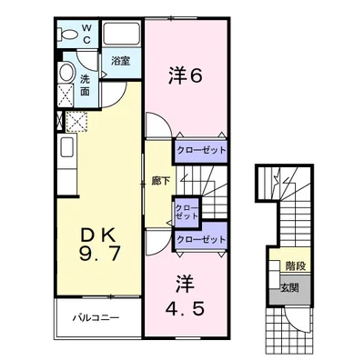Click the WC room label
click(x=86, y=34)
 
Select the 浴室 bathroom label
click(x=120, y=61)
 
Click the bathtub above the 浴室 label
click(x=121, y=33)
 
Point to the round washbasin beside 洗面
click(x=66, y=72)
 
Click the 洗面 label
click(x=86, y=85)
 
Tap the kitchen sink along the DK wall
click(x=67, y=146)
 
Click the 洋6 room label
click(x=185, y=75)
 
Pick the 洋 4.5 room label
click(x=185, y=295)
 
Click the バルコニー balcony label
click(x=96, y=318)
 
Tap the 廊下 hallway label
click(x=160, y=181)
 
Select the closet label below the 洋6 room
click(x=201, y=150)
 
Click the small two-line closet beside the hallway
click(x=187, y=212)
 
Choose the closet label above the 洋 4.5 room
click(x=201, y=239)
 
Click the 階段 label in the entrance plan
click(x=296, y=265)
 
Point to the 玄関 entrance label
click(x=289, y=287)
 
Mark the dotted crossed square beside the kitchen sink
click(x=76, y=122)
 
